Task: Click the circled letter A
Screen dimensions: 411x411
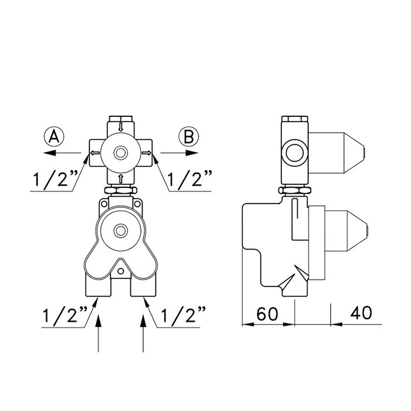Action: pos(54,137)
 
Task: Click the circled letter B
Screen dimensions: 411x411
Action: pos(188,137)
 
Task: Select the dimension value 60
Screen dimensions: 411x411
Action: pos(267,314)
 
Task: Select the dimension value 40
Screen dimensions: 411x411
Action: pos(361,312)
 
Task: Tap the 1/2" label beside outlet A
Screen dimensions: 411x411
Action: pos(56,178)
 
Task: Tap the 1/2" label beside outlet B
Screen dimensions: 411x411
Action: pos(190,178)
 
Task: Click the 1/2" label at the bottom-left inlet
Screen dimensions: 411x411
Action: pos(65,315)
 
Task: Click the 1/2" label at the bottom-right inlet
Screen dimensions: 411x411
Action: pos(183,315)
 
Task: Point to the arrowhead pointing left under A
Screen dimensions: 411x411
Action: pos(50,153)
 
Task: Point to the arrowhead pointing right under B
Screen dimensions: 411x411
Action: pos(192,153)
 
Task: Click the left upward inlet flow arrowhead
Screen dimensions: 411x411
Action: pos(98,321)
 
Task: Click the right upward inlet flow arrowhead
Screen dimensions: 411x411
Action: pos(143,321)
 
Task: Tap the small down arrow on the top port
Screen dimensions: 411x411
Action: pos(120,127)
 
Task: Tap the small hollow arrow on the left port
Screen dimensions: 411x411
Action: pos(95,153)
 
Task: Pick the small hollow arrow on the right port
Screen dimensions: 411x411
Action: pos(147,153)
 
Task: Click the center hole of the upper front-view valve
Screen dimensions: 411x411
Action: pos(120,153)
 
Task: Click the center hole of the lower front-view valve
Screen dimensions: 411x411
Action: pos(120,231)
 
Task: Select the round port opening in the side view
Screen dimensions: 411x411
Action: pos(294,153)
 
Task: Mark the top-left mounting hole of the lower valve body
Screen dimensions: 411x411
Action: pos(104,204)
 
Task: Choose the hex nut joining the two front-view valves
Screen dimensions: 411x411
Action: pos(120,190)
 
